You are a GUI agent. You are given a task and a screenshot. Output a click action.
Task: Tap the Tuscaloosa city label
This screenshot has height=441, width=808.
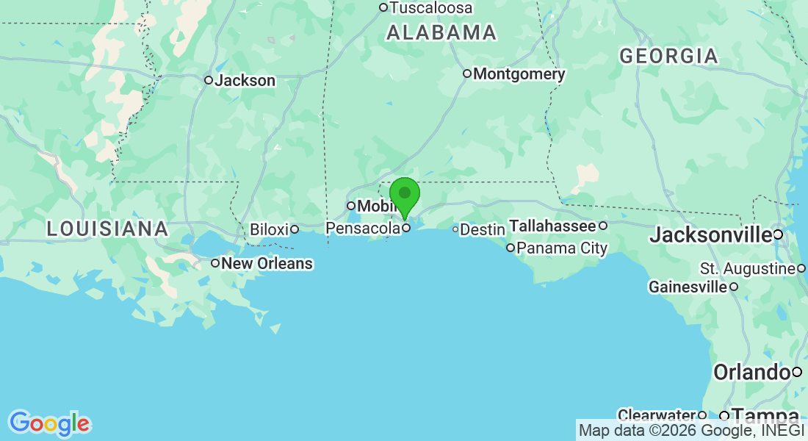pos(430,8)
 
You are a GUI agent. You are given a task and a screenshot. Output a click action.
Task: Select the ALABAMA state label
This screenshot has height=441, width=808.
pos(441,32)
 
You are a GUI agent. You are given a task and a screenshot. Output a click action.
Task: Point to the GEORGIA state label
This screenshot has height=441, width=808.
pos(668,56)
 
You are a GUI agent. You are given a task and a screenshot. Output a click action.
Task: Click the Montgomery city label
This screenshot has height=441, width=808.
pos(519,74)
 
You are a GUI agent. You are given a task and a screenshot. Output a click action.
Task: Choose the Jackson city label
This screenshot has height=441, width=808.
pos(245,81)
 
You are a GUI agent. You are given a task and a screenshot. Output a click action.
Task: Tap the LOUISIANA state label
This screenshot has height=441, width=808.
pos(107,229)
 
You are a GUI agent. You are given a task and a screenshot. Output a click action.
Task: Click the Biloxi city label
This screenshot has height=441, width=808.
pos(269,229)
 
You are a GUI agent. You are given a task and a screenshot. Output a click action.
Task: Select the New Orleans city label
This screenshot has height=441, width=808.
pos(267,263)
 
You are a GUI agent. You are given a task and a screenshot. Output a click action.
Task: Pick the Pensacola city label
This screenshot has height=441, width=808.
pos(363,229)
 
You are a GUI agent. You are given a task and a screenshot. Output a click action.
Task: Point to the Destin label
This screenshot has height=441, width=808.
pos(482,230)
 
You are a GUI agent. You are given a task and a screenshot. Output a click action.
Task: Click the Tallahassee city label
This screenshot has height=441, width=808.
pos(552,226)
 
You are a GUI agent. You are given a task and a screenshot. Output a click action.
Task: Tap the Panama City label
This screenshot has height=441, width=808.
pos(562,248)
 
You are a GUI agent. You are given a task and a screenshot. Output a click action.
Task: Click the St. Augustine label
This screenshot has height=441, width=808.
pos(747,268)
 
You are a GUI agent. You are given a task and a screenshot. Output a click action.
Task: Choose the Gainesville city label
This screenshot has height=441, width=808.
pos(688,287)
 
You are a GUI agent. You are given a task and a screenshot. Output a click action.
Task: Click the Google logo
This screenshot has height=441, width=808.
pos(49,423)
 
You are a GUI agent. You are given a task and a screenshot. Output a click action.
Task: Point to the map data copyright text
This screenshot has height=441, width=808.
pos(691,430)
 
